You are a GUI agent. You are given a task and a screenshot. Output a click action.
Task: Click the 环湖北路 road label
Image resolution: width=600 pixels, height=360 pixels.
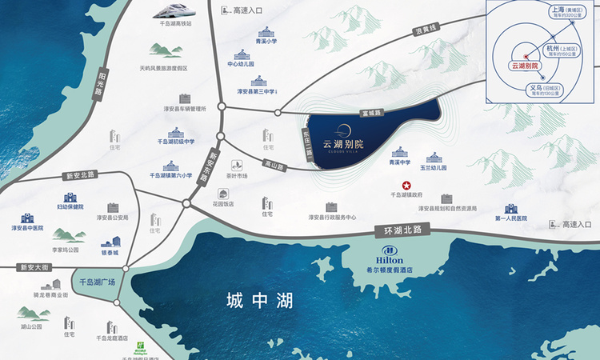click(x=402, y=230)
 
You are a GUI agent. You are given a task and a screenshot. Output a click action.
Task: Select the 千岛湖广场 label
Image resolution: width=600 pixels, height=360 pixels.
click(x=98, y=282)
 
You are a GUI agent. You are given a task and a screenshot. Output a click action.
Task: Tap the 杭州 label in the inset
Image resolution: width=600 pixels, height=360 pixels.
click(x=554, y=49)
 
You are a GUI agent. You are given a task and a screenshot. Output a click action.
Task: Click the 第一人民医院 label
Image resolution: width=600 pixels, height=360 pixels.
click(x=511, y=218)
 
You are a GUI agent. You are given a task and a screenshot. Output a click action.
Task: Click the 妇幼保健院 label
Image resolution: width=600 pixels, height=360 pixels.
click(x=70, y=207)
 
